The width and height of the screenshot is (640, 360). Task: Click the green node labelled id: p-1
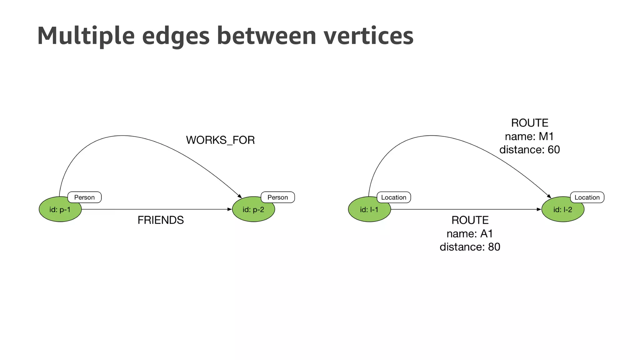point(60,209)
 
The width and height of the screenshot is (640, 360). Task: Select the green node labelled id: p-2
point(253,209)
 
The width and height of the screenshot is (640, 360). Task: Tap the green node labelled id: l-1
point(369,209)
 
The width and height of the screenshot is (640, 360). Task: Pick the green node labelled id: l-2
point(562,209)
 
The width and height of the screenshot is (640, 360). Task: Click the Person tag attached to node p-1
point(84,197)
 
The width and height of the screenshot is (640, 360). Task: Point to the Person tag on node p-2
point(278,197)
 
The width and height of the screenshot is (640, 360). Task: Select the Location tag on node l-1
point(394,197)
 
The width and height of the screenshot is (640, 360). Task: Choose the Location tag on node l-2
point(587,197)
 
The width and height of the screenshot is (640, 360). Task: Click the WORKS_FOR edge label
point(220,140)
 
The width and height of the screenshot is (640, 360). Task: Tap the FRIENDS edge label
point(161,220)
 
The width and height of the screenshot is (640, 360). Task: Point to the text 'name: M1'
point(529,137)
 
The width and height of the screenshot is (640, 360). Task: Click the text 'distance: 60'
point(529,150)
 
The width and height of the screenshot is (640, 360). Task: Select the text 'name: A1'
point(470,234)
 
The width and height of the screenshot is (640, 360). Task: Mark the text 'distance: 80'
point(470,247)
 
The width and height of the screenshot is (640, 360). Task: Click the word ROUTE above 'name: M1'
point(530,123)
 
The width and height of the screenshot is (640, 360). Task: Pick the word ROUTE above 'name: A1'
point(470,220)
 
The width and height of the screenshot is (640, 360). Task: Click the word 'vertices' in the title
point(368,36)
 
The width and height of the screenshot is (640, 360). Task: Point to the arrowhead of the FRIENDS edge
point(230,209)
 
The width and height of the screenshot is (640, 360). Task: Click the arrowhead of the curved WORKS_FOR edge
point(240,196)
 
